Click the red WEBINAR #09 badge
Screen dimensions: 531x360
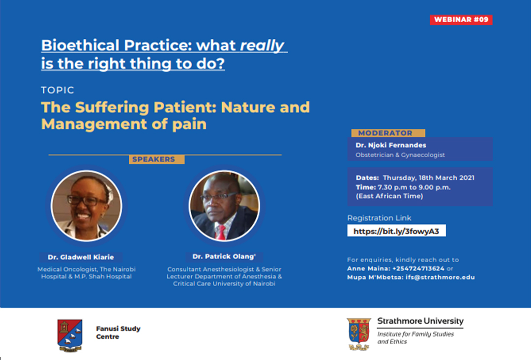click(461, 20)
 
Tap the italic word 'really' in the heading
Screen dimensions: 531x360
click(262, 46)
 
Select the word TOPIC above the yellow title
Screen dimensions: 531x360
click(57, 90)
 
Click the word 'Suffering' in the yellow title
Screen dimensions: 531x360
click(112, 108)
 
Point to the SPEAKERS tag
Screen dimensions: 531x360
click(156, 159)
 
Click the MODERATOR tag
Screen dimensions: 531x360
click(388, 133)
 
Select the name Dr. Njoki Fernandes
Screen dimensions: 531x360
click(391, 145)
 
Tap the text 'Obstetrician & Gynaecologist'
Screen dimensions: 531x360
click(400, 155)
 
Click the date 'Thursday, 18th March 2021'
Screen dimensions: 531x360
click(428, 178)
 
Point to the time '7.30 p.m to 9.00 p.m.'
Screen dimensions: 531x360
click(414, 187)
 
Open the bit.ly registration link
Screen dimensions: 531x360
click(396, 231)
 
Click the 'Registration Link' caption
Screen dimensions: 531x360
click(379, 218)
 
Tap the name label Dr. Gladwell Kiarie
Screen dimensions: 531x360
click(81, 257)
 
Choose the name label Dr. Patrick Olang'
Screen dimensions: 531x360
click(224, 257)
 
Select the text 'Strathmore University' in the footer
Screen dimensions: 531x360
click(420, 321)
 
